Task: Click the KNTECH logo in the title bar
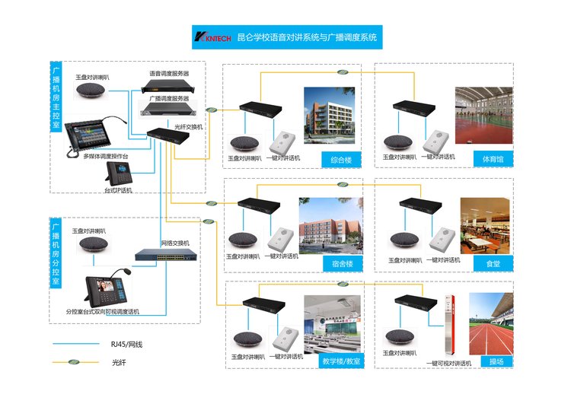[213, 37]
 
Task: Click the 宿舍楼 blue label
[331, 264]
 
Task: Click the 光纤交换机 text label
[189, 127]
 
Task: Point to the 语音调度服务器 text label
[168, 74]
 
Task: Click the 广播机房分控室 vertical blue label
[56, 251]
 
